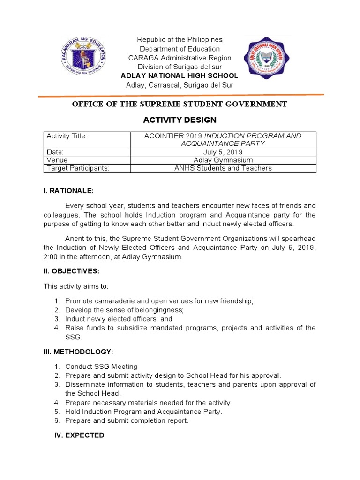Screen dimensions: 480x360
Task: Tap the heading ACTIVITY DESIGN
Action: click(x=180, y=120)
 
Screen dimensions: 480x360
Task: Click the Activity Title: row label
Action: click(x=67, y=136)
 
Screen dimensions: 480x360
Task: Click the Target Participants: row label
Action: click(x=77, y=168)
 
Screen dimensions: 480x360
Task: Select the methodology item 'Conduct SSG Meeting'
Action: click(x=101, y=367)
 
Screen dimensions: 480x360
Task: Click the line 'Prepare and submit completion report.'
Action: click(x=127, y=420)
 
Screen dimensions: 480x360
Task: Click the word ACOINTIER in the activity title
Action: click(x=162, y=136)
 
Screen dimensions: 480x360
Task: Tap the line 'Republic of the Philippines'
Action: click(x=180, y=40)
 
